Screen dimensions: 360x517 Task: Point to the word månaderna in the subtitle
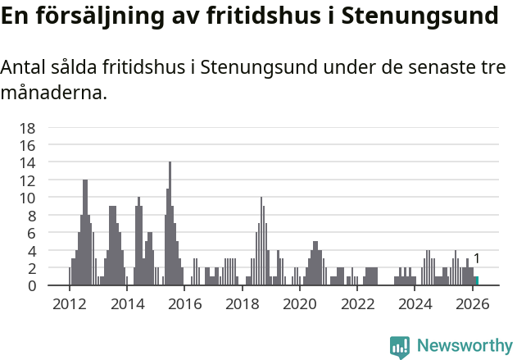[54, 93]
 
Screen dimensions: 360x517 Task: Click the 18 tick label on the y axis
[28, 128]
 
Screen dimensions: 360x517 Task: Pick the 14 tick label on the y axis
[28, 162]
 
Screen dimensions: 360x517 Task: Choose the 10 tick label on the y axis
[28, 198]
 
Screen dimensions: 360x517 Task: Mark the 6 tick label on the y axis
[32, 233]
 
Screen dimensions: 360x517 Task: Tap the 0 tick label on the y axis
[32, 285]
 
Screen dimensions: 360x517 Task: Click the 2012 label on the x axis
[70, 304]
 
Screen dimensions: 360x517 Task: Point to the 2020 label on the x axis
[300, 304]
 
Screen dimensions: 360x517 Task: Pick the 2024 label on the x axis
[415, 304]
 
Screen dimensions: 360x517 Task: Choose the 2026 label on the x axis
[473, 304]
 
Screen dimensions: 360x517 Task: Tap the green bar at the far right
[476, 281]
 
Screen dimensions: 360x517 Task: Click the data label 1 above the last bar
[477, 259]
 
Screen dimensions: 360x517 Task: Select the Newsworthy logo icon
[400, 346]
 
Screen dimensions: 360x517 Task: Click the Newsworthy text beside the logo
[465, 346]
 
